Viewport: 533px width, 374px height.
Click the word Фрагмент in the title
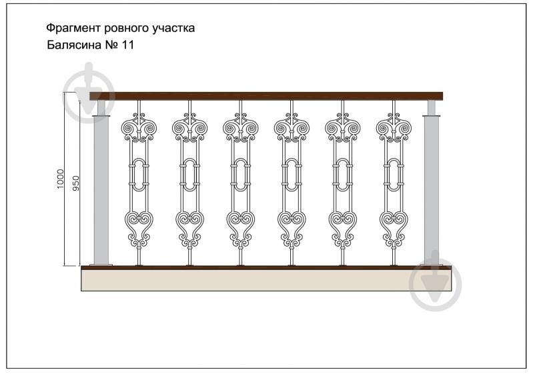coord(74,28)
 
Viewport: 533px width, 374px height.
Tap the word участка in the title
coord(173,28)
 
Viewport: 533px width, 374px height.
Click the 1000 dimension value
coord(60,179)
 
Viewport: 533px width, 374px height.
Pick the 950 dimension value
coord(76,183)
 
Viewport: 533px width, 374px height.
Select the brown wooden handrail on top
coord(266,96)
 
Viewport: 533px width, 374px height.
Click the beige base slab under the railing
coord(266,280)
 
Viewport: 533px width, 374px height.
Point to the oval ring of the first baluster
coord(139,175)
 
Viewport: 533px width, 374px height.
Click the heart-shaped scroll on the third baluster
coord(241,229)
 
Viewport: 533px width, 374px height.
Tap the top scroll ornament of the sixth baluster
coord(394,128)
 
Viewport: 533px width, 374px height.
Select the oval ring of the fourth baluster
coord(292,175)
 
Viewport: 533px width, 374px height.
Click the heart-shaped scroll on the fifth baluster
coord(343,229)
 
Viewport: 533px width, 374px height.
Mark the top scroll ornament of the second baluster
coord(189,128)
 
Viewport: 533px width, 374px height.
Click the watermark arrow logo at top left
coord(89,93)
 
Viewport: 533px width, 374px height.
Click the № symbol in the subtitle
coord(111,45)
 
